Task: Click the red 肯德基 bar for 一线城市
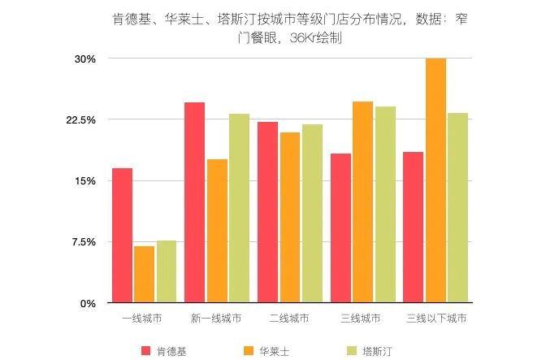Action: (x=122, y=236)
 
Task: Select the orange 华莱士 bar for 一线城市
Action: (x=144, y=275)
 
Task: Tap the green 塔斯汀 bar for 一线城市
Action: (x=166, y=272)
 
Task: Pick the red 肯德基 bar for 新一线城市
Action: (x=194, y=203)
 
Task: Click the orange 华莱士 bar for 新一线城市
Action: (x=217, y=232)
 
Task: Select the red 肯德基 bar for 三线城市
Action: (x=340, y=228)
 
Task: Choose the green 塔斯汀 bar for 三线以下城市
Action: (x=457, y=208)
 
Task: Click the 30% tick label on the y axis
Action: (x=85, y=59)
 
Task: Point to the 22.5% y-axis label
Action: (x=81, y=120)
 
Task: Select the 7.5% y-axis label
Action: (x=84, y=242)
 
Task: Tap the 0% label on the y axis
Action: (x=89, y=303)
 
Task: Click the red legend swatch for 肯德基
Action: (x=146, y=350)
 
